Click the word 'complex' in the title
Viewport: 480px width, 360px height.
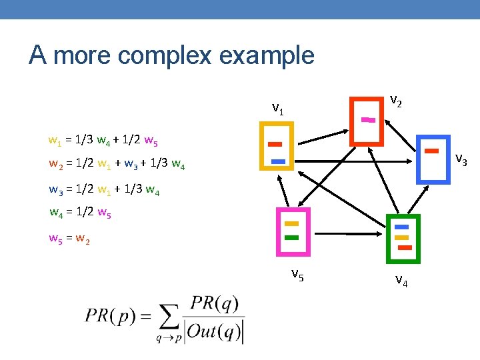click(165, 56)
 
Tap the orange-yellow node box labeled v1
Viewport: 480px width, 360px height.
click(261, 146)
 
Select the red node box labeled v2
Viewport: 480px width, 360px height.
click(351, 121)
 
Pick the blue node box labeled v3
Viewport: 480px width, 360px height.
click(418, 159)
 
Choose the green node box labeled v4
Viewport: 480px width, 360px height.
click(388, 239)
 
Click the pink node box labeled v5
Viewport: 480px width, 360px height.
click(278, 232)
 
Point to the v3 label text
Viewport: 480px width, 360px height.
click(461, 160)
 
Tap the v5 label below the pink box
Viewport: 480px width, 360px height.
click(297, 275)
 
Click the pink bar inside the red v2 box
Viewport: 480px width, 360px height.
click(368, 120)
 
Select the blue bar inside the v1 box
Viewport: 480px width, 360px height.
click(278, 161)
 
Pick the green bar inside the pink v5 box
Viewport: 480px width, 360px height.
click(292, 237)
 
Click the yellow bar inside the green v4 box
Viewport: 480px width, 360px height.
click(401, 237)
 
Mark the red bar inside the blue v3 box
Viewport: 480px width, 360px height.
click(431, 151)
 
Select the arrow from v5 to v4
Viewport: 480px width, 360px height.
click(349, 234)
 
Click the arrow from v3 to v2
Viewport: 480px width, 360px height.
click(400, 135)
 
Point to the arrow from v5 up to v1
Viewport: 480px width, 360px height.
click(283, 191)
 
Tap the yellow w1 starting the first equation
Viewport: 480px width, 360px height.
click(55, 141)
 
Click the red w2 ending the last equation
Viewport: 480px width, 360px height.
click(83, 239)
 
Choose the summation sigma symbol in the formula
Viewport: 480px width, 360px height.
click(169, 317)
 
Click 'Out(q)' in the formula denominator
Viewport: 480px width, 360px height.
click(214, 331)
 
